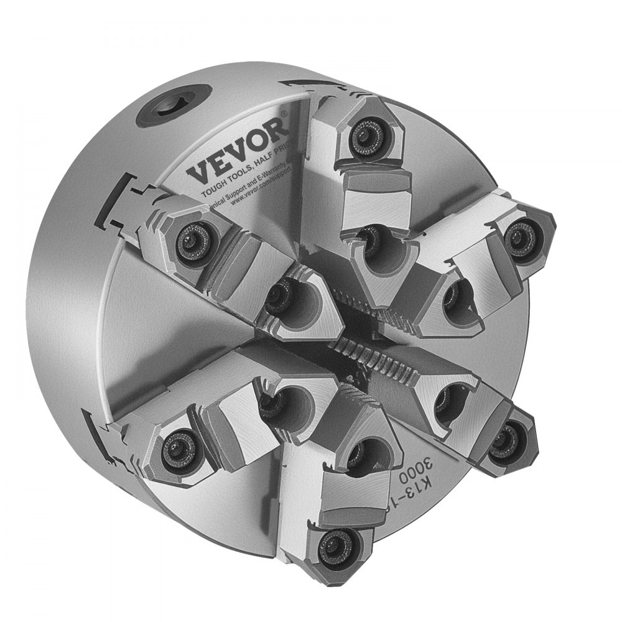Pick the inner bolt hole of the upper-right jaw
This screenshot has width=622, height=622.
pos(456,292)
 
